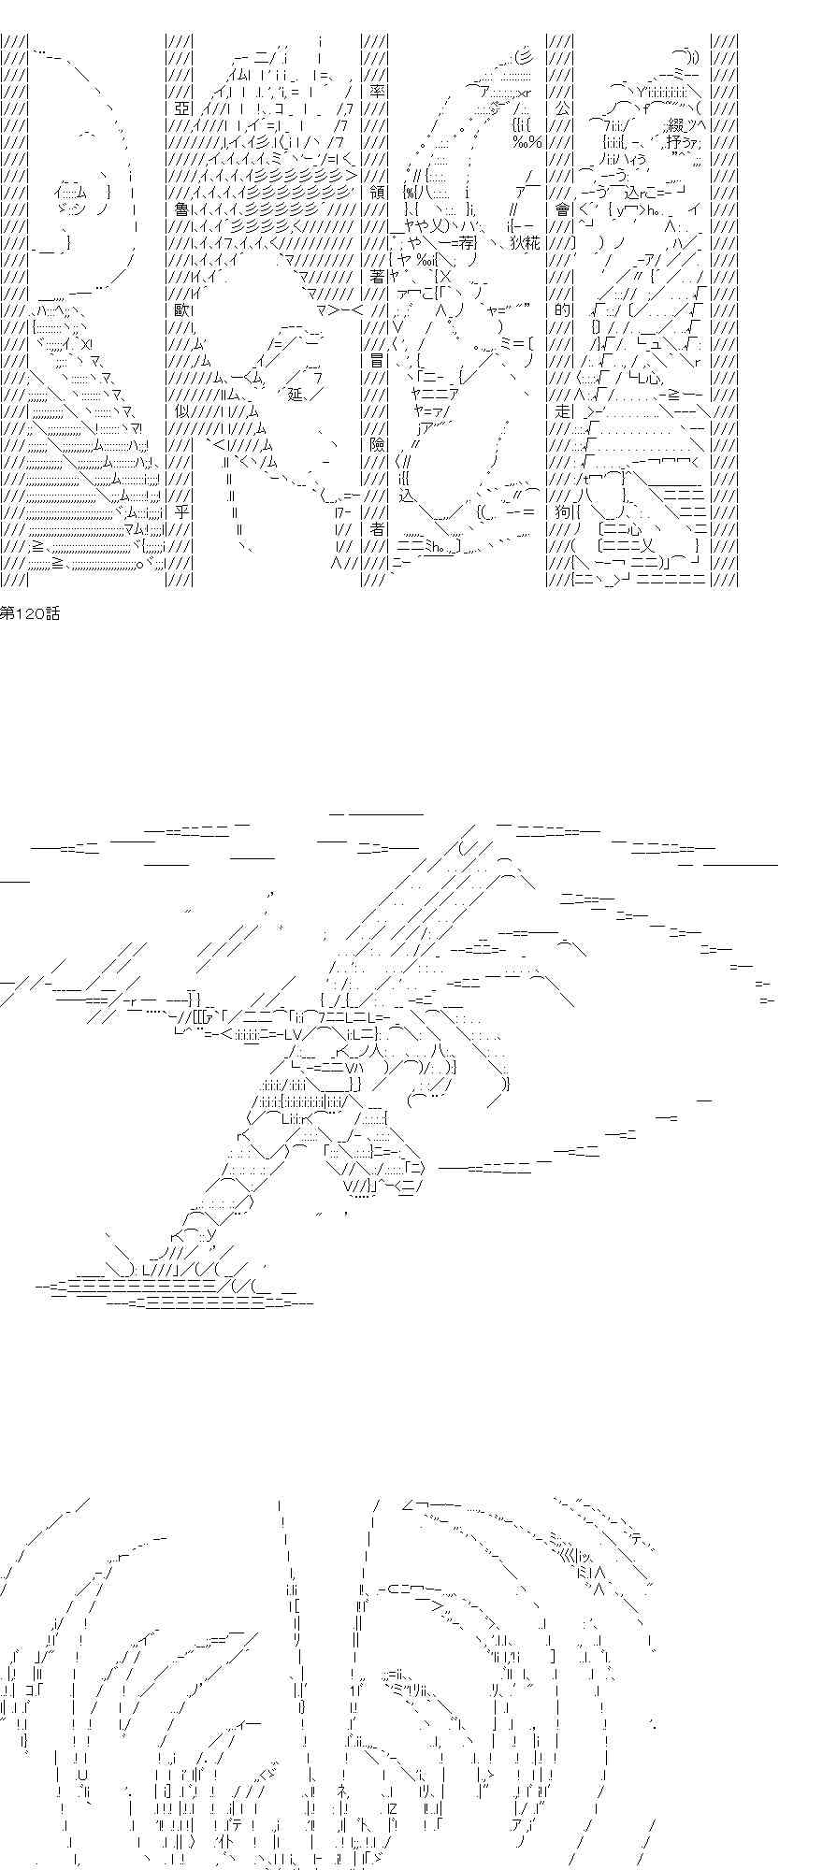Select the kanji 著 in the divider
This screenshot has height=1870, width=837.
point(377,278)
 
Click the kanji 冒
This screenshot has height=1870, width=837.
point(377,361)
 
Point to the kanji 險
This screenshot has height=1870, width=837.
point(377,445)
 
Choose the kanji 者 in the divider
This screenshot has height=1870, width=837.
point(377,529)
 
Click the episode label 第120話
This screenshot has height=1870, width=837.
point(30,614)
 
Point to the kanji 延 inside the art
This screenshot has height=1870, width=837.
point(296,395)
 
